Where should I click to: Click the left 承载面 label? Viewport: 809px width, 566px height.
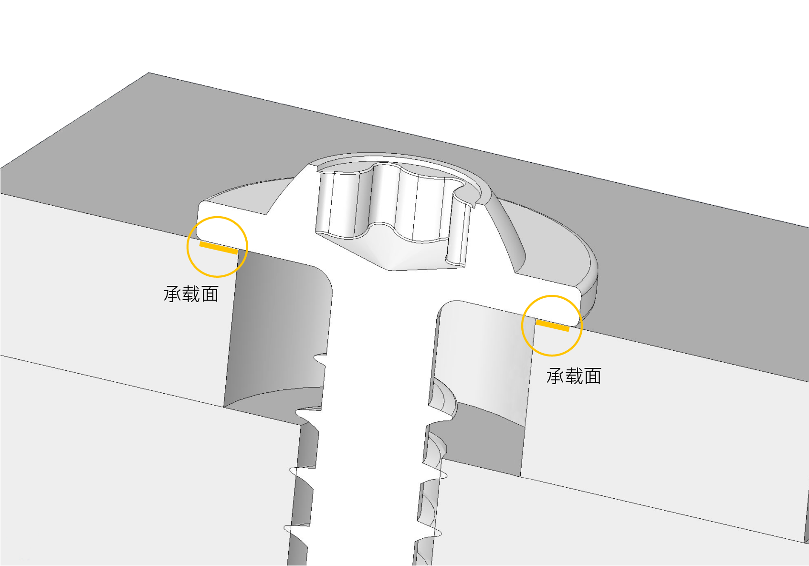[x=191, y=294]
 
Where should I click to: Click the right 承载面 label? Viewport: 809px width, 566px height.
[x=574, y=376]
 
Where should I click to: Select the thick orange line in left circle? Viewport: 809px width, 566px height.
[x=219, y=248]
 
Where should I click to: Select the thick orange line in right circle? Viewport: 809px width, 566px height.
[x=553, y=325]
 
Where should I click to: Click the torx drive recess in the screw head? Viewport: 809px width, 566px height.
[x=394, y=210]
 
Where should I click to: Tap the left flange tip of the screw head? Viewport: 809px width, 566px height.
[x=203, y=220]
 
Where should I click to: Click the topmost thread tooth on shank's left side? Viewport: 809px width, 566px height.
[x=320, y=359]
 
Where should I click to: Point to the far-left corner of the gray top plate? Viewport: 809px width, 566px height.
[x=1, y=168]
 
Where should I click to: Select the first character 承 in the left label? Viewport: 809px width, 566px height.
[x=172, y=294]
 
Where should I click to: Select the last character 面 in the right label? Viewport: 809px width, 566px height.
[x=593, y=376]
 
